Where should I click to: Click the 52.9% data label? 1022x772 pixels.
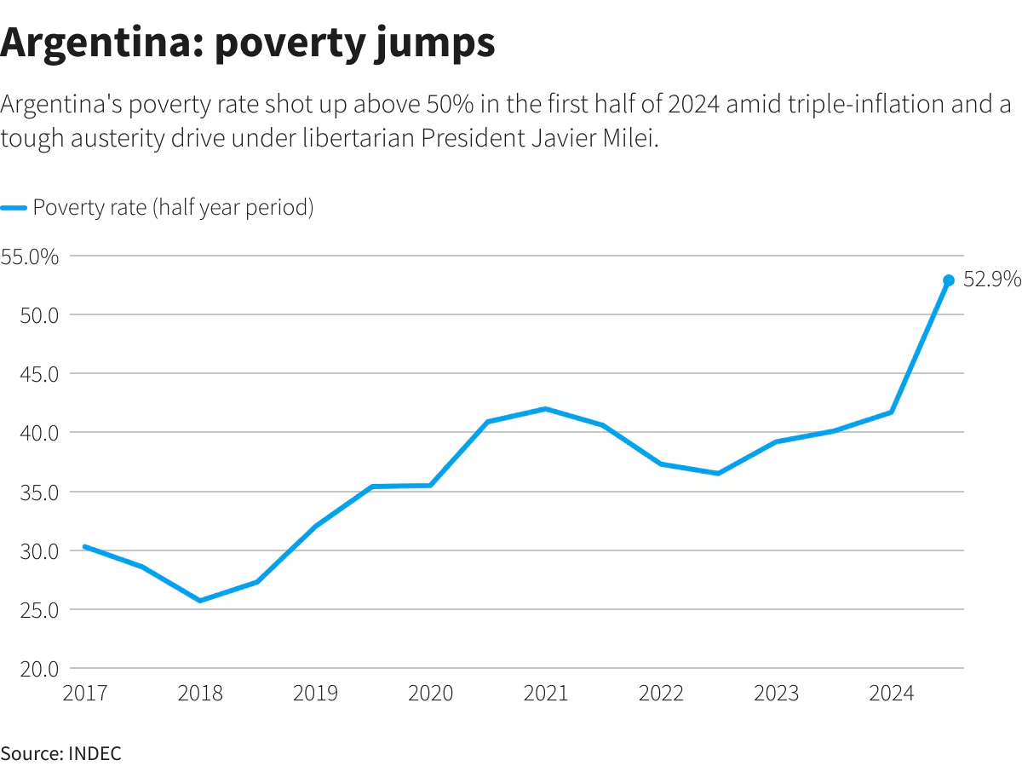[x=991, y=279]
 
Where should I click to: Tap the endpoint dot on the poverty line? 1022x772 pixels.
[x=949, y=280]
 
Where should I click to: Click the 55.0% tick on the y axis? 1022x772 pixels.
[x=29, y=256]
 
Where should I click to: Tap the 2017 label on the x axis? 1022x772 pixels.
[x=85, y=694]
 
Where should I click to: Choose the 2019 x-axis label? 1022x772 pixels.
[x=315, y=694]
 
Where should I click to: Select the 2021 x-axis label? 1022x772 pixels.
[x=545, y=694]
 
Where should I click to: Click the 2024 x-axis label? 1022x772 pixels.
[x=891, y=694]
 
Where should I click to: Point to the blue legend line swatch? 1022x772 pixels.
[x=14, y=208]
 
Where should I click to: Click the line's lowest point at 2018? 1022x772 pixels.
[x=200, y=601]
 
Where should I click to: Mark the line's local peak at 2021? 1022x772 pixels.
[x=545, y=409]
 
